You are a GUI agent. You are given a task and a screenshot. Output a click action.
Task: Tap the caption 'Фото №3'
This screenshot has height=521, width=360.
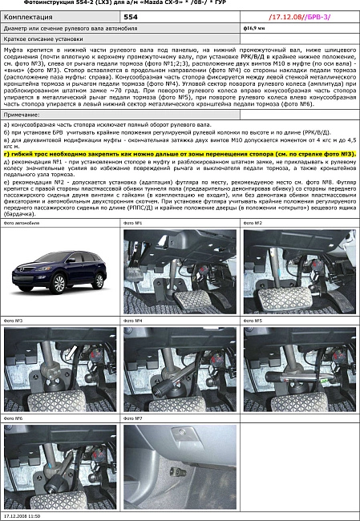point(14,320)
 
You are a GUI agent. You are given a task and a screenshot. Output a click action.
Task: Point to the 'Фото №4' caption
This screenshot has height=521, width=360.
point(134,320)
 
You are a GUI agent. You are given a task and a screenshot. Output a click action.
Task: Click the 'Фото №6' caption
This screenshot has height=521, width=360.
point(14,418)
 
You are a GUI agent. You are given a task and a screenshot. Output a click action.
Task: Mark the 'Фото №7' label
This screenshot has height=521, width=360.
point(134,418)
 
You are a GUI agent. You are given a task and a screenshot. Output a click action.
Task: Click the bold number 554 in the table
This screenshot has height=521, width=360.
point(131,15)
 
